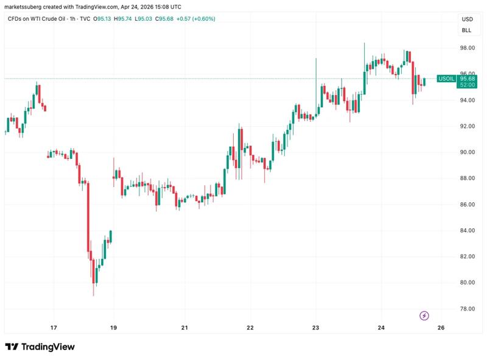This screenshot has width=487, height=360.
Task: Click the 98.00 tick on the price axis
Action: click(467, 48)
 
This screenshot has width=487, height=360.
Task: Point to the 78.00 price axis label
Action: click(467, 309)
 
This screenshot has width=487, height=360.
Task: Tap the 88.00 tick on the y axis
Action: click(467, 178)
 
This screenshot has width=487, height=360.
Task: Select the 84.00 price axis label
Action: click(467, 230)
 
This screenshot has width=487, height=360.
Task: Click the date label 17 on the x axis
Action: click(54, 328)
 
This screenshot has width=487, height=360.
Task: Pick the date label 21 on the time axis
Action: click(184, 328)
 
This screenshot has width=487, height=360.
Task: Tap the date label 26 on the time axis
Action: click(441, 328)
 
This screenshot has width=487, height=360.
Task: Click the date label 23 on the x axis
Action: click(315, 328)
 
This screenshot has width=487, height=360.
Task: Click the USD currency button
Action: click(467, 19)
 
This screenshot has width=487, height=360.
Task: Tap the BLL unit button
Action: click(467, 30)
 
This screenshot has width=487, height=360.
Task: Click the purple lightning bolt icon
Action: click(425, 316)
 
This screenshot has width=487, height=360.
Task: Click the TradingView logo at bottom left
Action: click(40, 347)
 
